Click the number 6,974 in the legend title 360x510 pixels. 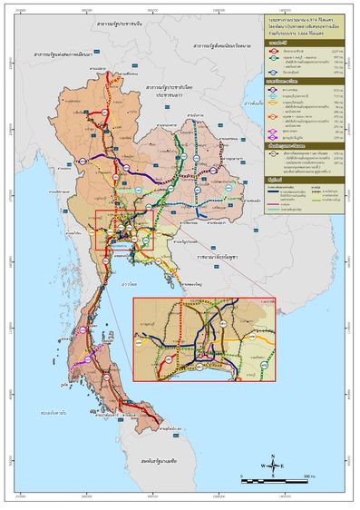click(306, 18)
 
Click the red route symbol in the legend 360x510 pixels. click(273, 52)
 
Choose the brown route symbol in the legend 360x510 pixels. click(273, 154)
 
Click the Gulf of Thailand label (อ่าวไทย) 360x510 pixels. click(141, 283)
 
